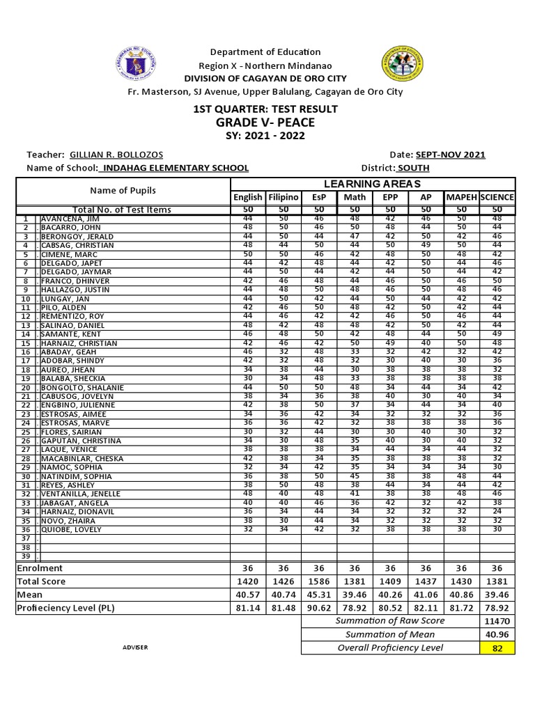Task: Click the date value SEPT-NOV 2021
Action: click(x=450, y=155)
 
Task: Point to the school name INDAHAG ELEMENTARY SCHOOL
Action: click(x=174, y=168)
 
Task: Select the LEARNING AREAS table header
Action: click(x=372, y=183)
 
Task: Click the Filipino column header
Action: click(x=284, y=197)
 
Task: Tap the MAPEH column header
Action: click(x=462, y=197)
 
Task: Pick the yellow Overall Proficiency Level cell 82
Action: click(x=497, y=648)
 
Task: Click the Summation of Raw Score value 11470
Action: click(x=497, y=620)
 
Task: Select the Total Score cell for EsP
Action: click(x=319, y=581)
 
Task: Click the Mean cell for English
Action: click(x=248, y=595)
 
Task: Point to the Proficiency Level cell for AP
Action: click(x=426, y=608)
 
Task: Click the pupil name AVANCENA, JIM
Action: click(x=70, y=219)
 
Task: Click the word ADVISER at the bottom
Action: click(x=136, y=648)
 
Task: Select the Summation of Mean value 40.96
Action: click(x=497, y=634)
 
